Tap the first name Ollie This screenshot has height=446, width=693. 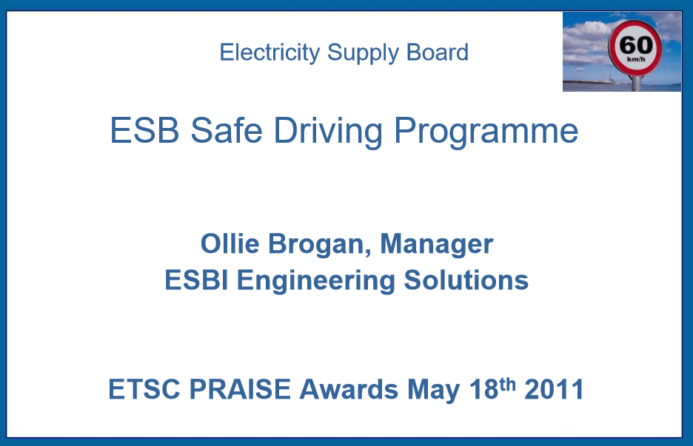(x=226, y=243)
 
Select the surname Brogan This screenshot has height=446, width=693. (x=315, y=244)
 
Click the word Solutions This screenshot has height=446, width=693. (x=466, y=280)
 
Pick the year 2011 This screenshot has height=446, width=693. (x=555, y=389)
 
